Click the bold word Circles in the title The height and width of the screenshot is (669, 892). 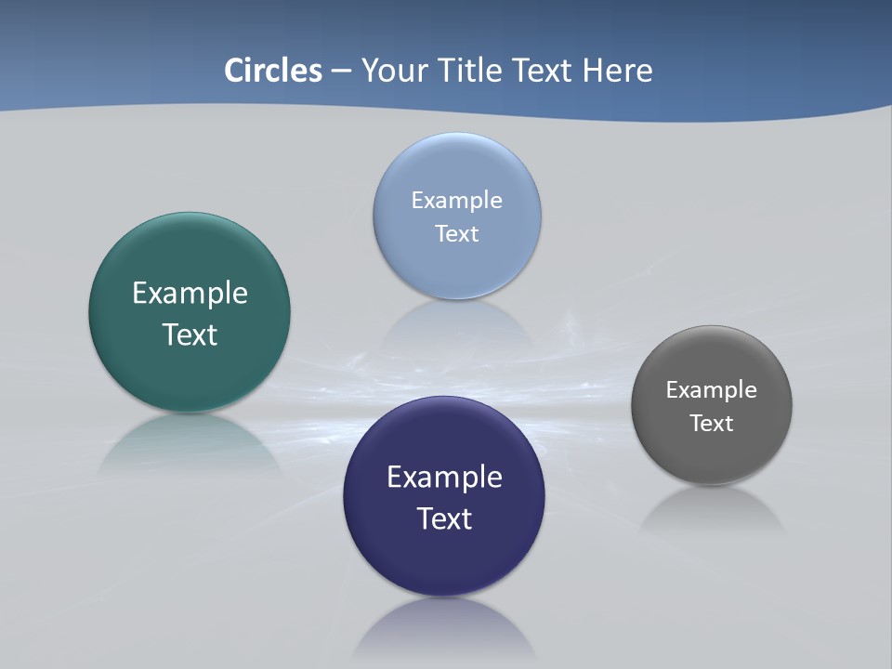pyautogui.click(x=273, y=71)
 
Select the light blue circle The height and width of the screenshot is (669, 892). pyautogui.click(x=456, y=167)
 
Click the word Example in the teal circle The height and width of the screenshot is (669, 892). pyautogui.click(x=190, y=294)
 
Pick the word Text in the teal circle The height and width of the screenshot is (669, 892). pyautogui.click(x=190, y=334)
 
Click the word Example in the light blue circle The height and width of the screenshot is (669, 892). pyautogui.click(x=456, y=201)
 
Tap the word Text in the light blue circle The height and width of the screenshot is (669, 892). pyautogui.click(x=456, y=234)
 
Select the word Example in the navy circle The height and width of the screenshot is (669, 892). pyautogui.click(x=444, y=478)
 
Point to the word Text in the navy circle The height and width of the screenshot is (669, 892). pyautogui.click(x=444, y=518)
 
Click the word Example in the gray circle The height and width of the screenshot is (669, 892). pyautogui.click(x=712, y=390)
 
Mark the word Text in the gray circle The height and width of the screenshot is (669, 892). pyautogui.click(x=712, y=424)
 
